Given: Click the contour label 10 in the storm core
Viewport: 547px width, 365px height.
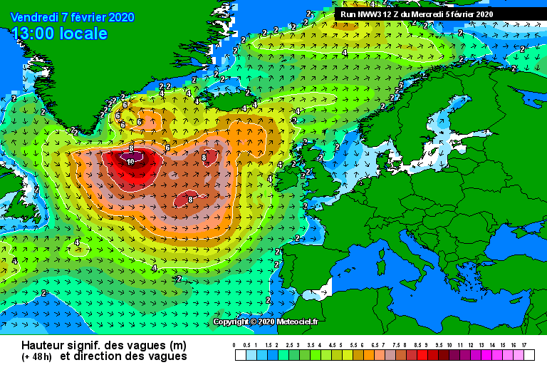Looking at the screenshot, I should (130, 162).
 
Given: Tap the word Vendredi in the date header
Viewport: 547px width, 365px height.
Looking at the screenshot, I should (36, 17).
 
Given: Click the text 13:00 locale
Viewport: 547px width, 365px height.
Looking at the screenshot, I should (61, 34).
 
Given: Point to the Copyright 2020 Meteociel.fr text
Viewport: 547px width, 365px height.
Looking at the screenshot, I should (266, 322).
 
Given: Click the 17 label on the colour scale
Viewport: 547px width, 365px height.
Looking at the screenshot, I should (523, 344).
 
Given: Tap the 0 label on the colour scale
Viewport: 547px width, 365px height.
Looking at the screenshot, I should (234, 344).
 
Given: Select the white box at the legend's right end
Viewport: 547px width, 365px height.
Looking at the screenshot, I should (528, 354).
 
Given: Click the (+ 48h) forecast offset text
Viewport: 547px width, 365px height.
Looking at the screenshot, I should (36, 356).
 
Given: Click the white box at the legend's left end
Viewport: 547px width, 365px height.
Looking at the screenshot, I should (241, 354).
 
